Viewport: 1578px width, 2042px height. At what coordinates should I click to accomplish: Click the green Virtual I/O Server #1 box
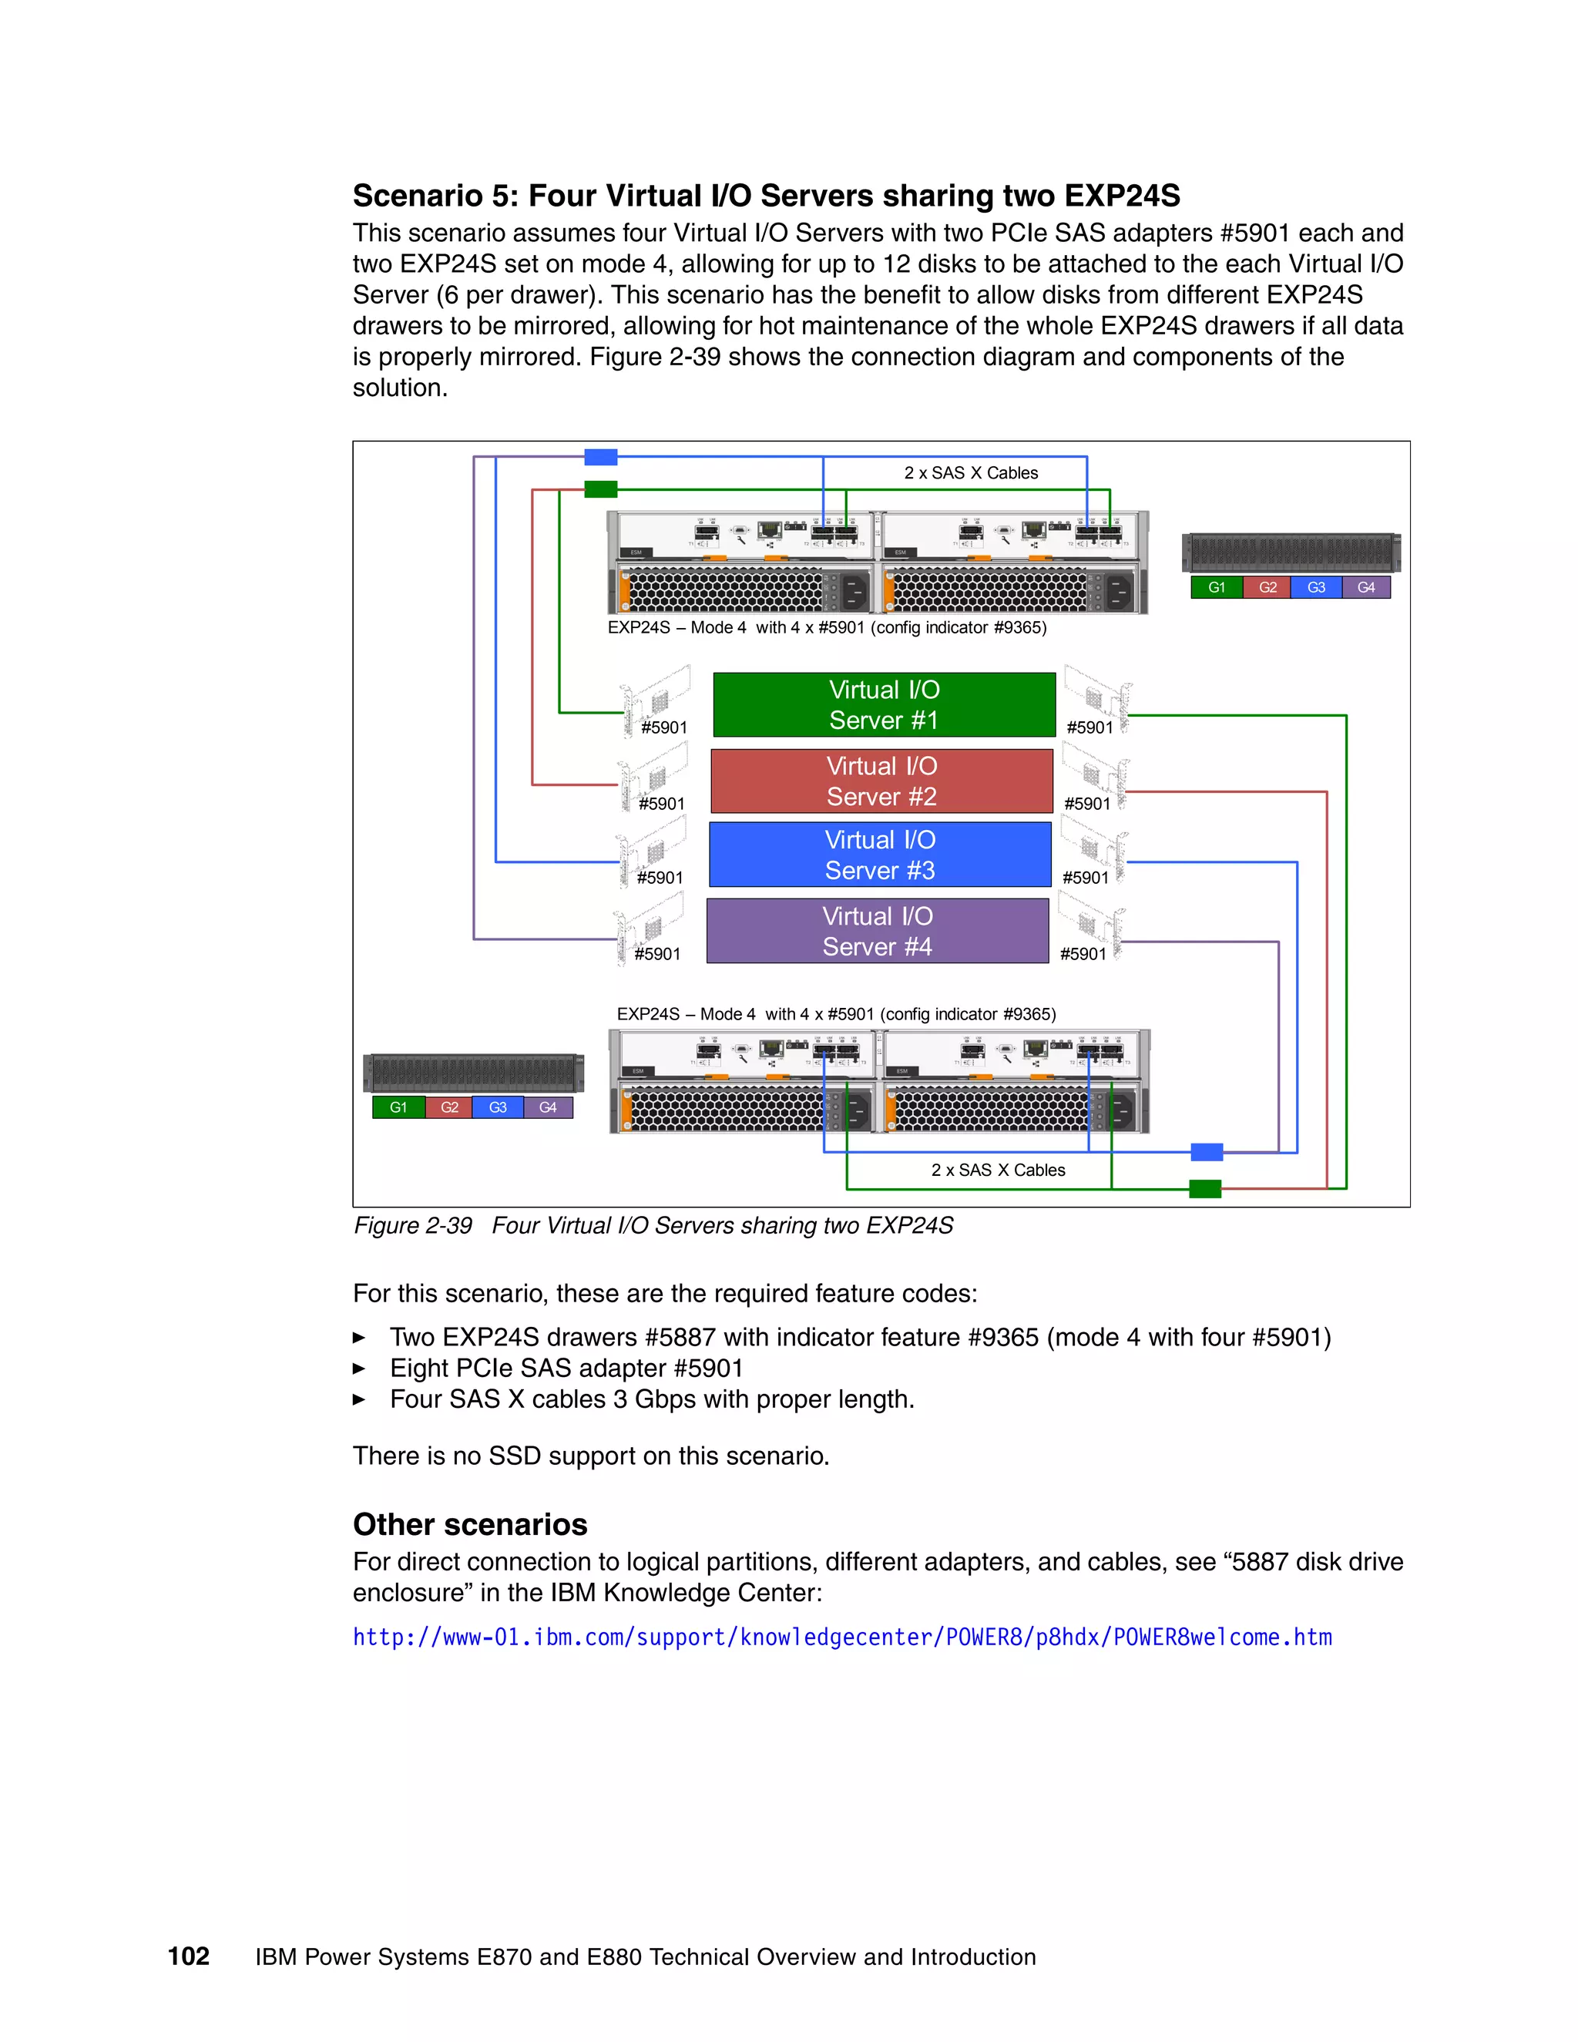(x=884, y=705)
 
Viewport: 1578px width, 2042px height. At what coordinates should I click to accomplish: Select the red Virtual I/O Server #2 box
(x=881, y=781)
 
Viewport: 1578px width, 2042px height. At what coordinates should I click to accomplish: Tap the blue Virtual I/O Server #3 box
(x=880, y=855)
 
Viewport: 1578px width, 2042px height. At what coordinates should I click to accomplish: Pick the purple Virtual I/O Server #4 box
(x=877, y=932)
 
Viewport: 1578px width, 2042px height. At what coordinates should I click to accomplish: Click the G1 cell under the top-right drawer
(x=1216, y=587)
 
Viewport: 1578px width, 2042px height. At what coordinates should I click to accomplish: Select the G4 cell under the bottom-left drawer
(x=548, y=1107)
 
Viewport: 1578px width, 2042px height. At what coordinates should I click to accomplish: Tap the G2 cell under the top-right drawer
(x=1267, y=587)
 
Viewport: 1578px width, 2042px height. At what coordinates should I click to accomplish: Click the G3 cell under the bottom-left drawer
(x=497, y=1107)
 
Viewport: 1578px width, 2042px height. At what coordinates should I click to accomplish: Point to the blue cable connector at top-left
(x=600, y=457)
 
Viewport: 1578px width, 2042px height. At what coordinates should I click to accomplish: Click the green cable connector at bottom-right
(x=1205, y=1188)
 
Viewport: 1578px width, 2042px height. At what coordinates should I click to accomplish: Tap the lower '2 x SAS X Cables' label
(x=998, y=1170)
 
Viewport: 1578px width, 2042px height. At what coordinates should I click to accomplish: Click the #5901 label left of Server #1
(x=663, y=727)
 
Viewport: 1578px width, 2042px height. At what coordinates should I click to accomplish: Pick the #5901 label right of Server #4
(x=1083, y=954)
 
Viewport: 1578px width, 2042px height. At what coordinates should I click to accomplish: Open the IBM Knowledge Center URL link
(x=841, y=1637)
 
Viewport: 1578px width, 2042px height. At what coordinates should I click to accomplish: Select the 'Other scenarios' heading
(x=469, y=1524)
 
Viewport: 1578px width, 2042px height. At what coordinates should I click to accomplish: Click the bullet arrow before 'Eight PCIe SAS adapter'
(x=359, y=1369)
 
